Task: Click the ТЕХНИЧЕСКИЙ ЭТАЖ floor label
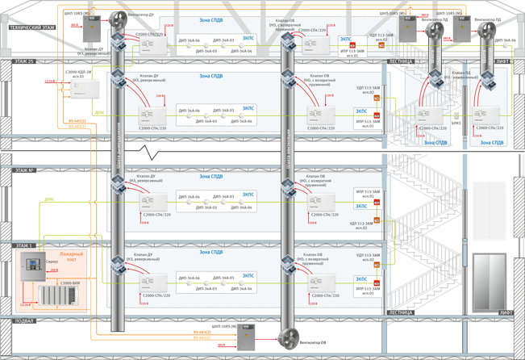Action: pos(32,27)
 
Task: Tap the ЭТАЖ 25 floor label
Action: pos(24,61)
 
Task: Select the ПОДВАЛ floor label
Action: pos(24,320)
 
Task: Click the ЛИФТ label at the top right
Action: pos(503,61)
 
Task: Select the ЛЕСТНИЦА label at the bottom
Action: pos(401,312)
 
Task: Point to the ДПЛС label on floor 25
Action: pos(99,113)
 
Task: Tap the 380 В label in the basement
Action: pos(222,344)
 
